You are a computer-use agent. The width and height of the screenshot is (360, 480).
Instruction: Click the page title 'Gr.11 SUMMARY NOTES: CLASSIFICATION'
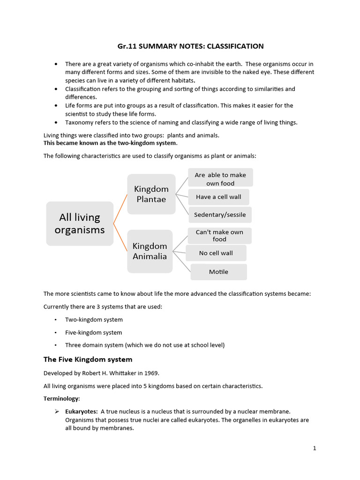190,46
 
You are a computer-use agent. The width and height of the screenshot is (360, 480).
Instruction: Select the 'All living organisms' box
80,224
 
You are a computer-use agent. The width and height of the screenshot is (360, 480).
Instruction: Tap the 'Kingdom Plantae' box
151,194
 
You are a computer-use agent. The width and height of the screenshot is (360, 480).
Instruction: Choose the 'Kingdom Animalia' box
150,251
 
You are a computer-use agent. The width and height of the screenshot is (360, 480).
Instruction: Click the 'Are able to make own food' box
220,179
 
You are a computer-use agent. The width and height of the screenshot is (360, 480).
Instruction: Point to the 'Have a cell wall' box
218,197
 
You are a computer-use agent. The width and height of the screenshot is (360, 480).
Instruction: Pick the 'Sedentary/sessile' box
220,215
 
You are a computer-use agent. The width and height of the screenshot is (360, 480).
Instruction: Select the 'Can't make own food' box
219,236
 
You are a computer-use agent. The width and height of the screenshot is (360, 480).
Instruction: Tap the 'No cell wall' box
216,253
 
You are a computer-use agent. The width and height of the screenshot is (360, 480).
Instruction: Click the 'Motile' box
218,272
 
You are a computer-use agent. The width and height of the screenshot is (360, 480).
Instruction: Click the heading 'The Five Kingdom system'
88,360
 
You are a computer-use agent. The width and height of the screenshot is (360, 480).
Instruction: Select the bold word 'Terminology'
61,398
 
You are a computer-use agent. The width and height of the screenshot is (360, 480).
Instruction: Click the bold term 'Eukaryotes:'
81,412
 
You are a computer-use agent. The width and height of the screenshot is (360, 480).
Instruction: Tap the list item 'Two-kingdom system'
94,320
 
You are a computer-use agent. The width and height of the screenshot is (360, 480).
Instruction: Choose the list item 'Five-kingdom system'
93,332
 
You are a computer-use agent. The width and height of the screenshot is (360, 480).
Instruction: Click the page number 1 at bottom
315,448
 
